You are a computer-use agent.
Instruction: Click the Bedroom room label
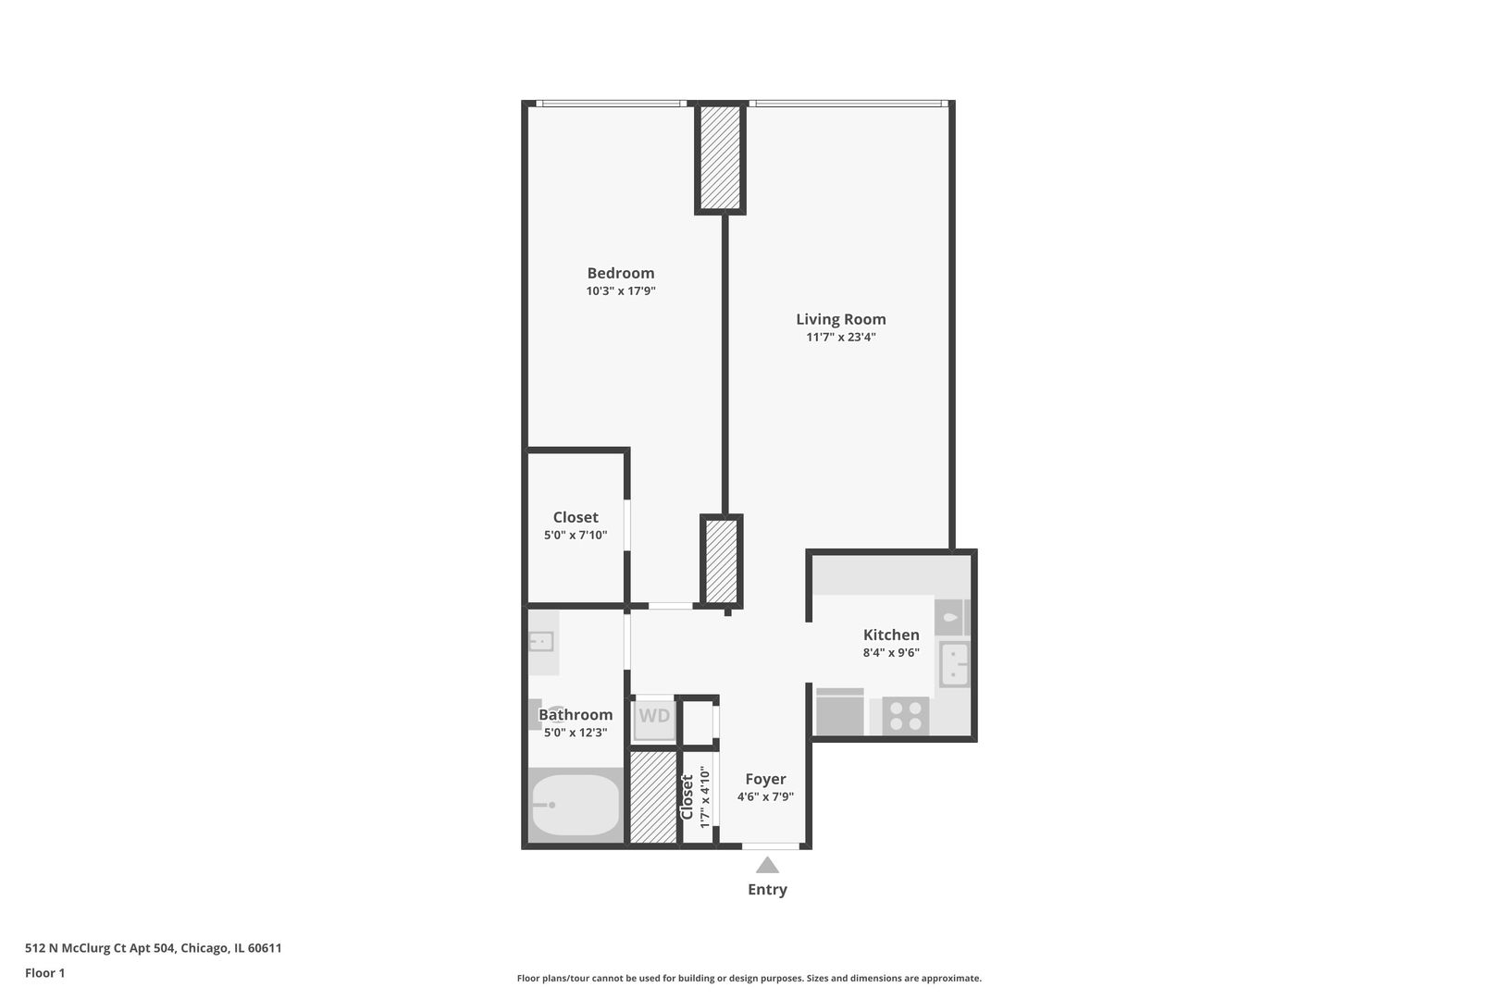620,273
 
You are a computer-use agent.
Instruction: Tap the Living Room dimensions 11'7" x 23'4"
840,338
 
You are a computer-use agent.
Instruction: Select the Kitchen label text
891,635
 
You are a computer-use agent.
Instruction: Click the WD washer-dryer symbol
654,717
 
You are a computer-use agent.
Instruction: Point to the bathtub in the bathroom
575,805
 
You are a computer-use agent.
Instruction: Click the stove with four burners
905,716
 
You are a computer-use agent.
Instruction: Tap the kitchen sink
954,664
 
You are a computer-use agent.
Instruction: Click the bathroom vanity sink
540,641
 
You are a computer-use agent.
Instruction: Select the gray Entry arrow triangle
767,866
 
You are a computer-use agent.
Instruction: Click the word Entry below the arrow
767,890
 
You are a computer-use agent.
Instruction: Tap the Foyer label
765,780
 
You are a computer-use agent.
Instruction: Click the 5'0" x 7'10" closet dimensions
576,536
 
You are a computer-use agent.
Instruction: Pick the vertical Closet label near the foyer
688,797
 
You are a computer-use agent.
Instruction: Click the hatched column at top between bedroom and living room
720,157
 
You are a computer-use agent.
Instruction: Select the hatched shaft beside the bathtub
653,797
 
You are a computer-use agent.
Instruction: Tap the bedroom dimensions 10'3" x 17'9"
620,291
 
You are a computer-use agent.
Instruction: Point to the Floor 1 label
44,973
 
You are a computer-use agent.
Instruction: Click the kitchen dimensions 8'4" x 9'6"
891,653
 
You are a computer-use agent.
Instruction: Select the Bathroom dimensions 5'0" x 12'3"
576,733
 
